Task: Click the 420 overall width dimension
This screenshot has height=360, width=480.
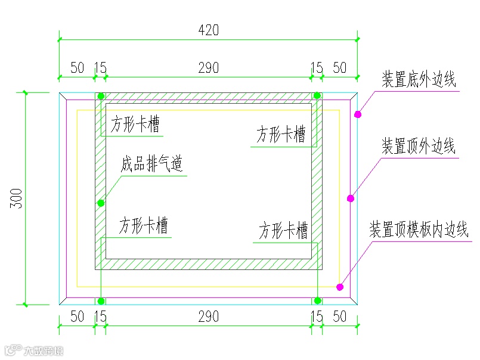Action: coord(208,30)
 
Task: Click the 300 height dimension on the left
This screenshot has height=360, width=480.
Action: coord(16,198)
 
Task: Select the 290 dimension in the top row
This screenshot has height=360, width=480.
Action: coord(208,67)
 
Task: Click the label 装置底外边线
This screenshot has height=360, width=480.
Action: coord(418,79)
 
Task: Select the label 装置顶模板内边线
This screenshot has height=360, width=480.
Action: coord(419,229)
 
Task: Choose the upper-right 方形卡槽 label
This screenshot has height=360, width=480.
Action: coord(281,134)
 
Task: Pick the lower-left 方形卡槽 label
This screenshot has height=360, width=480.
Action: coord(143,226)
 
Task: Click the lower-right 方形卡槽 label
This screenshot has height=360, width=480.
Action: coord(283,231)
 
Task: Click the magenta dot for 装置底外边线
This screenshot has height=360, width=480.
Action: coord(358,114)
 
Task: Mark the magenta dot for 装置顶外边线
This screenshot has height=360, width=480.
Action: coord(351,198)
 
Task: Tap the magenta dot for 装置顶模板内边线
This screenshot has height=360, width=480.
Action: coord(340,287)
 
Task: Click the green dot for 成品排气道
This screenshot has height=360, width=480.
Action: coord(101,203)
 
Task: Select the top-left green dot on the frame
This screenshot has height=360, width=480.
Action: coord(101,96)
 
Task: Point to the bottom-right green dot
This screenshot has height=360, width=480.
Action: coord(318,300)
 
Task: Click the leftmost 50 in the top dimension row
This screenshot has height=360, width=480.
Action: coord(78,67)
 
